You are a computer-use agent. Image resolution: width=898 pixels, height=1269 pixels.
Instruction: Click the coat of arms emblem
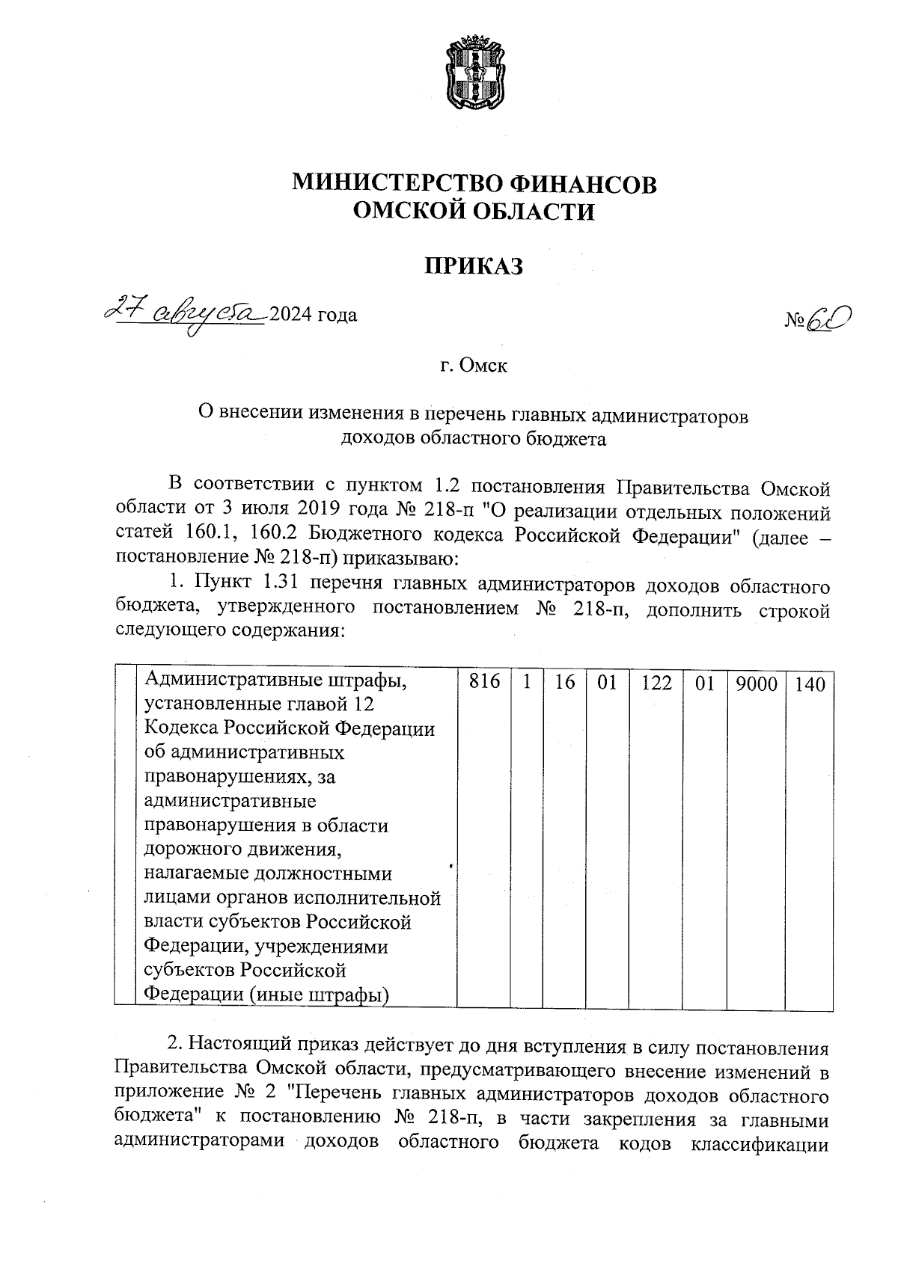tap(473, 74)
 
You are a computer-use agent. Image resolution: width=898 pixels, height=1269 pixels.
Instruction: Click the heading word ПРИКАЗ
tap(473, 265)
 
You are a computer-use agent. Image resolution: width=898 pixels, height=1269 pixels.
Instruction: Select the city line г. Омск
tap(473, 366)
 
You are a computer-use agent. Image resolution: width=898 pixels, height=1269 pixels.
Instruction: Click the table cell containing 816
tap(483, 683)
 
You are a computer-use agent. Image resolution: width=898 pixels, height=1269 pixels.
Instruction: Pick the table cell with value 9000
tap(756, 683)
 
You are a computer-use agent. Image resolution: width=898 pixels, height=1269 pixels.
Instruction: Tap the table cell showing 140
tap(809, 683)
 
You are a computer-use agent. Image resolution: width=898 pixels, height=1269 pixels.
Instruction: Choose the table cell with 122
tap(656, 683)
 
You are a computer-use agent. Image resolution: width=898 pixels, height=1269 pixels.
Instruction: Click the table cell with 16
tap(565, 683)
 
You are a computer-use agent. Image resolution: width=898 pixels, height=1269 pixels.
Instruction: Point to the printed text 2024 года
tap(313, 315)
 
